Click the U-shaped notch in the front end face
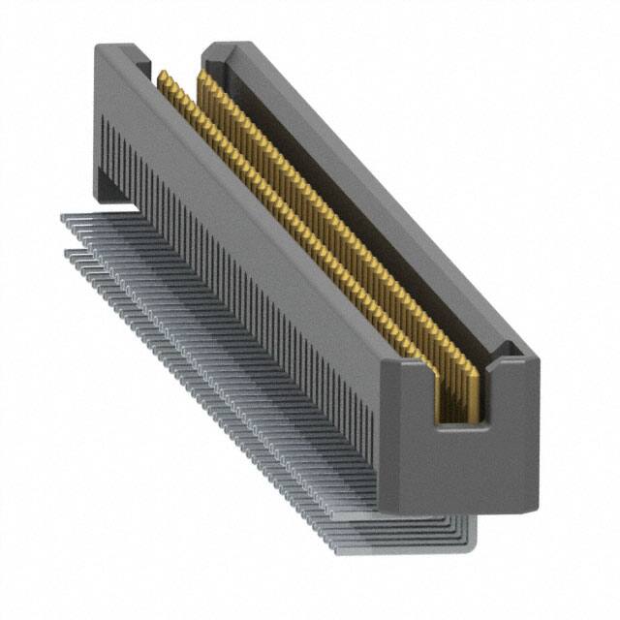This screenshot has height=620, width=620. [x=461, y=392]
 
